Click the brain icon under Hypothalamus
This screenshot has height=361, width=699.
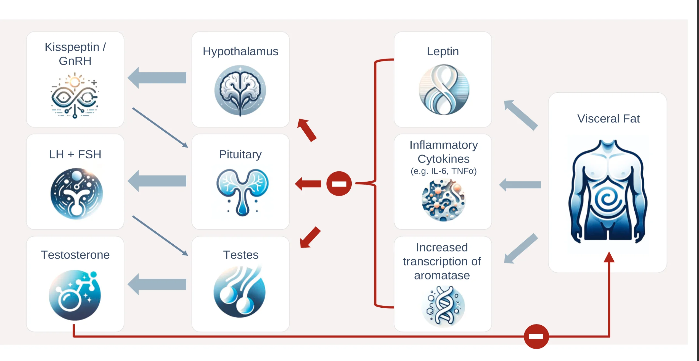pos(240,90)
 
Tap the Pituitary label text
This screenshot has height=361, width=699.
pos(240,154)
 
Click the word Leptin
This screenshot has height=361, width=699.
pos(443,51)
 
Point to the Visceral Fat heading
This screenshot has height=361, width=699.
pos(608,119)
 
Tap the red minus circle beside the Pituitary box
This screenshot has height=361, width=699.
pos(339,184)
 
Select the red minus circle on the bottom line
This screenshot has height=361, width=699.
pos(536,336)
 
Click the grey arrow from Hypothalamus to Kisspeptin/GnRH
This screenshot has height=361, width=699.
pos(157,78)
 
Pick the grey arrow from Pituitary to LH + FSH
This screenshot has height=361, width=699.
pos(157,181)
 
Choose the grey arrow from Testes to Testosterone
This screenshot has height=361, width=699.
pos(157,284)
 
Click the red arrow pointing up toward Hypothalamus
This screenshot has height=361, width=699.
pos(307,130)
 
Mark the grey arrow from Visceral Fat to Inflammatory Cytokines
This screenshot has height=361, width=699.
pos(520,185)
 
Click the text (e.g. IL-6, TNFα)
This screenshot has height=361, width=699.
pos(443,171)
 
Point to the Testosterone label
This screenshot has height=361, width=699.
pos(75,255)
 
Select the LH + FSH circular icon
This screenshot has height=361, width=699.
pos(76,194)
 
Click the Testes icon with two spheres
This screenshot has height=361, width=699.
pos(240,291)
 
